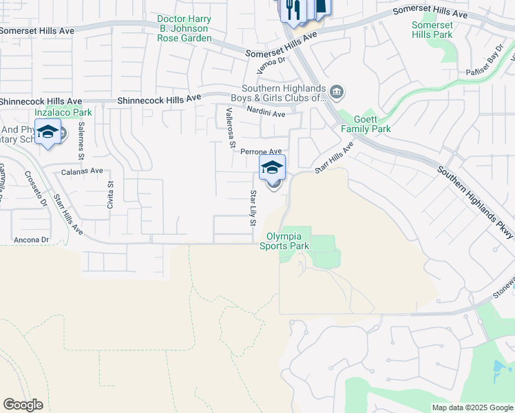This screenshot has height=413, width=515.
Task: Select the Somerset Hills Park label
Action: pyautogui.click(x=432, y=30)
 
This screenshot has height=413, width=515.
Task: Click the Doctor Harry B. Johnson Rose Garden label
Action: pyautogui.click(x=184, y=28)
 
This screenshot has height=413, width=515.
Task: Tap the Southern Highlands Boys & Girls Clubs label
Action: pyautogui.click(x=283, y=93)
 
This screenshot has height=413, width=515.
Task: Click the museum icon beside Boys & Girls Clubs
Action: pyautogui.click(x=337, y=92)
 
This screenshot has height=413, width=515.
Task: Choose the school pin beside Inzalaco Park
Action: pyautogui.click(x=48, y=132)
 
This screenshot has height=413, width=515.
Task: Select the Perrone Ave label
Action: pyautogui.click(x=261, y=151)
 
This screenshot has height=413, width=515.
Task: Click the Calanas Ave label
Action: pyautogui.click(x=82, y=171)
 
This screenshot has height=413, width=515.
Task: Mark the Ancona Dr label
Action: pyautogui.click(x=33, y=240)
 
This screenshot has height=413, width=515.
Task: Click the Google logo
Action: pyautogui.click(x=23, y=405)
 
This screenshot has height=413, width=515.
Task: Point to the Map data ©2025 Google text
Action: pyautogui.click(x=472, y=407)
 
